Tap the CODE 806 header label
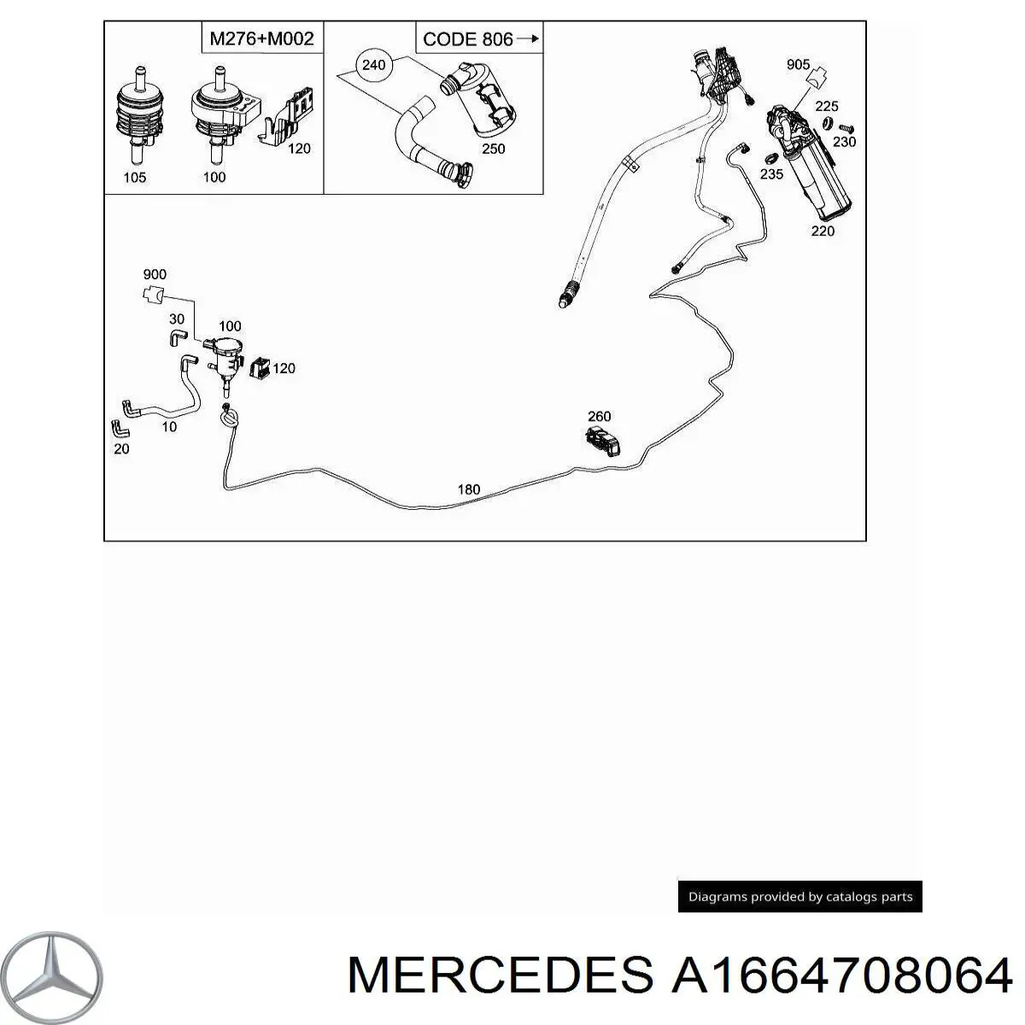coord(479,38)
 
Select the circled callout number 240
coord(373,64)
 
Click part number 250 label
coord(493,149)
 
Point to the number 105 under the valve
coord(135,178)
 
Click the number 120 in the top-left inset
coord(299,149)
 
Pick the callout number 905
coord(798,65)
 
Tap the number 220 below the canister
coord(823,231)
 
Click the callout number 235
coord(771,174)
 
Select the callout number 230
coord(844,143)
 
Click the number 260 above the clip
coord(599,417)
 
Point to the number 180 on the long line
coord(469,489)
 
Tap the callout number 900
coord(155,275)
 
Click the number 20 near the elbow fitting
coord(121,448)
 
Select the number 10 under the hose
coord(169,427)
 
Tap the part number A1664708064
coord(841,975)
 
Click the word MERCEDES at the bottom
coord(501,975)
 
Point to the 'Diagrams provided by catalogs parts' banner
coord(799,897)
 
